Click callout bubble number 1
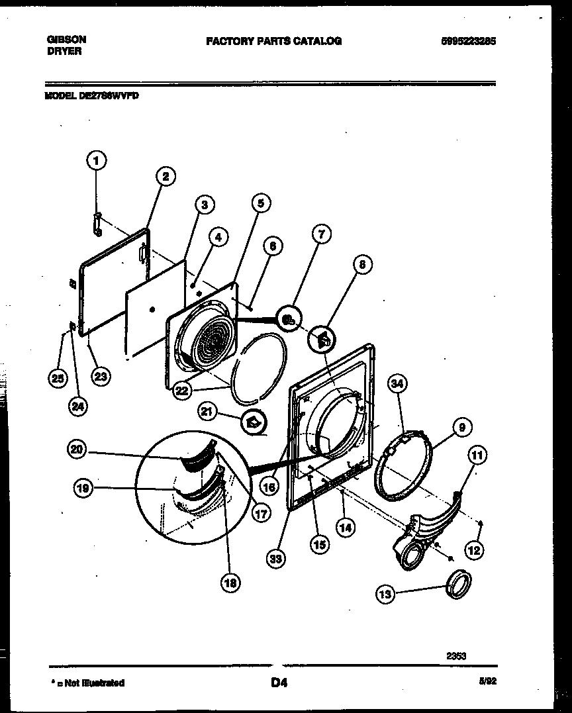click(x=97, y=160)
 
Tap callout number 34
click(x=397, y=383)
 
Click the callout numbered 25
click(x=57, y=378)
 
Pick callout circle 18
click(x=230, y=582)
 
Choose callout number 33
click(x=276, y=559)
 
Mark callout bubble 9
click(x=461, y=428)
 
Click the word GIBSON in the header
click(x=66, y=40)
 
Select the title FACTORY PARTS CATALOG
click(x=273, y=41)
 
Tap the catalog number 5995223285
click(x=468, y=41)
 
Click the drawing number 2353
click(x=456, y=655)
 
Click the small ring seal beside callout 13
click(x=459, y=584)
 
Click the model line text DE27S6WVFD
click(x=92, y=95)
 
